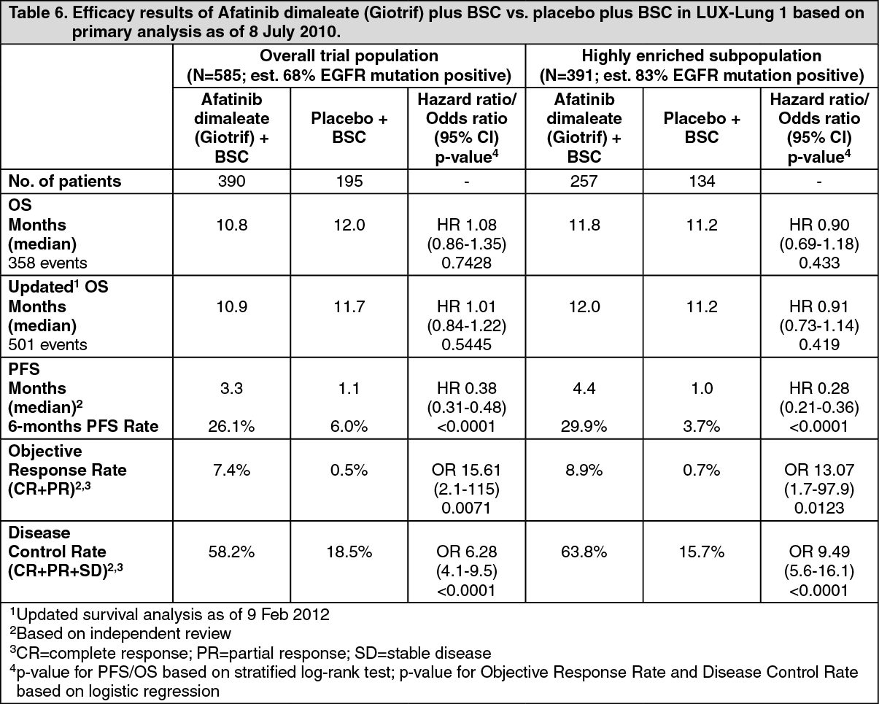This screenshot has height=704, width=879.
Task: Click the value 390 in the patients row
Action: coord(231,181)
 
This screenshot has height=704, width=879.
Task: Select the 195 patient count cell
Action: coord(349,181)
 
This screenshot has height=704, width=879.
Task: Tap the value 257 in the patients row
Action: coord(584,181)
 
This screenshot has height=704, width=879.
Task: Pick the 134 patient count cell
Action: coord(702,181)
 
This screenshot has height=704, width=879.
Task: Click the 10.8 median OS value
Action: coord(231,225)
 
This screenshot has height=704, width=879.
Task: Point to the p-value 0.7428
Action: coord(466,263)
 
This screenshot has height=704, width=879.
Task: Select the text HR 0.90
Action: coord(819,225)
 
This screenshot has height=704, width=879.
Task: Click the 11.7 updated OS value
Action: coord(349,306)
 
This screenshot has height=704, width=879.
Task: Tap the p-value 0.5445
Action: coord(466,344)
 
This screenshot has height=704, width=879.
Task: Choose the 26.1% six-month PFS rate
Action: coord(231,426)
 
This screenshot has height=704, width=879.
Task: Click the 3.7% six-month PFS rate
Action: coord(702,426)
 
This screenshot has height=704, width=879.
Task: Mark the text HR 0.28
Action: coord(819,388)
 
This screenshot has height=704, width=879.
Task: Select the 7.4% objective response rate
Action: coord(231,470)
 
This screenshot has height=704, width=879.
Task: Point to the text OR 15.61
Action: coord(466,470)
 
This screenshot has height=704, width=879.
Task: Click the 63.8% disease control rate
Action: coord(584,552)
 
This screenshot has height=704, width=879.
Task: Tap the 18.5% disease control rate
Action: coord(349,552)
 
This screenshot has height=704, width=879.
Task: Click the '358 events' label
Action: coord(48,263)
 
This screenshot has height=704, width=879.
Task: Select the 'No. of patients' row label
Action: coord(64,181)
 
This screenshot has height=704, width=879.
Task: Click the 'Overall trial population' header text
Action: coord(349,55)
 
